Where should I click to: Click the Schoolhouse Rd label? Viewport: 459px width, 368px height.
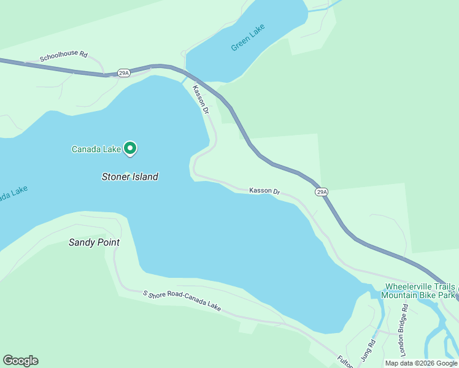[x=63, y=56]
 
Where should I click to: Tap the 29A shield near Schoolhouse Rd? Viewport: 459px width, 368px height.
[x=123, y=72]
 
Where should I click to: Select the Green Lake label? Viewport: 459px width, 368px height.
[x=249, y=38]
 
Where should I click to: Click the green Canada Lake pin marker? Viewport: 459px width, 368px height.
[x=130, y=148]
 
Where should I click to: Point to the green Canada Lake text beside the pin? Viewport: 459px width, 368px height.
[x=96, y=149]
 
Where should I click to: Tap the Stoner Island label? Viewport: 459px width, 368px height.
[x=129, y=177]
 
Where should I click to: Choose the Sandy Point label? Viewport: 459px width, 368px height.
[x=93, y=242]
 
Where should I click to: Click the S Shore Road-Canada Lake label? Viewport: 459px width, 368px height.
[x=181, y=301]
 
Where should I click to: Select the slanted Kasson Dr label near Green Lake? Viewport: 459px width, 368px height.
[x=201, y=100]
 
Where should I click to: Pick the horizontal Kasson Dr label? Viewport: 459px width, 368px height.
[x=264, y=191]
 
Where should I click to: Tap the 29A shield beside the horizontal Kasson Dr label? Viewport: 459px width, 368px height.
[x=322, y=192]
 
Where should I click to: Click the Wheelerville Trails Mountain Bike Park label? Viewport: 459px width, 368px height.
[x=419, y=291]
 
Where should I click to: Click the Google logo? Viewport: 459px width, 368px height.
[x=20, y=360]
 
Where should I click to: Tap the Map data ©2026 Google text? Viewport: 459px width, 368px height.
[x=421, y=363]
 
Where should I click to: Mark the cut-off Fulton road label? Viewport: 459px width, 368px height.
[x=345, y=361]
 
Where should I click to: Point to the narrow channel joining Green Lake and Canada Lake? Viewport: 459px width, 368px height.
[x=185, y=80]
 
